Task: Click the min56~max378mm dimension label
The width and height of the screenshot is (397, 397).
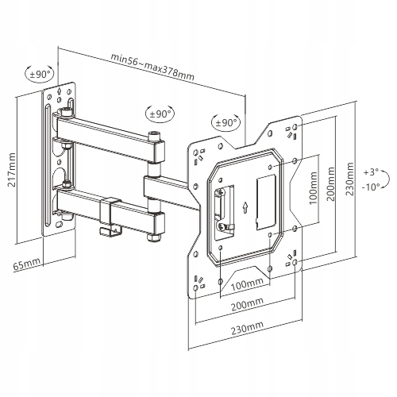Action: [x=152, y=67]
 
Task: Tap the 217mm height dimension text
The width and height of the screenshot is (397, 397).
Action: [x=12, y=169]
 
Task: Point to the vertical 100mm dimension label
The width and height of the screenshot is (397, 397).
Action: [x=314, y=187]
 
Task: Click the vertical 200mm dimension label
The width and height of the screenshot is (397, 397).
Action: [x=331, y=183]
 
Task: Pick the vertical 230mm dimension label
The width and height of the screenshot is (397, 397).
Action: [x=349, y=179]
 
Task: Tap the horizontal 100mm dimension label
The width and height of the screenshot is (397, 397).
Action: [x=247, y=284]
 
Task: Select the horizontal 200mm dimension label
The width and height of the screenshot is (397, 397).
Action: [x=248, y=305]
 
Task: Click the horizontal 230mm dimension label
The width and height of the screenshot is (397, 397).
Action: [x=248, y=329]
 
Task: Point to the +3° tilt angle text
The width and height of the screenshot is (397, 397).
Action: [x=371, y=172]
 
